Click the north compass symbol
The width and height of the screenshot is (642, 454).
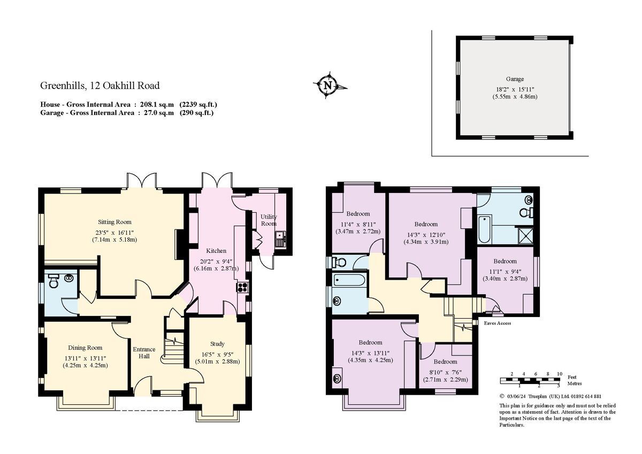pos(327,85)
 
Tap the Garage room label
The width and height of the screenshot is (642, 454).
pos(515,79)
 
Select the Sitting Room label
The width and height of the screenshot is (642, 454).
pos(114,222)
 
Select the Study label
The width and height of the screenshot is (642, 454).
pos(217,344)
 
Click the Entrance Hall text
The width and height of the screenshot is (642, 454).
pos(144,353)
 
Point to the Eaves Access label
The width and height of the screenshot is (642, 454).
pos(497,323)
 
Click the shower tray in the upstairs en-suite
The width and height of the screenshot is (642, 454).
pos(527,235)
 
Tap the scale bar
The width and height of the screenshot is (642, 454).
pos(530,380)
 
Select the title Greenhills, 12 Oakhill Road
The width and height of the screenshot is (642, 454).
pos(100,86)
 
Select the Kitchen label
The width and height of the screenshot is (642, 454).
pos(217,251)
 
